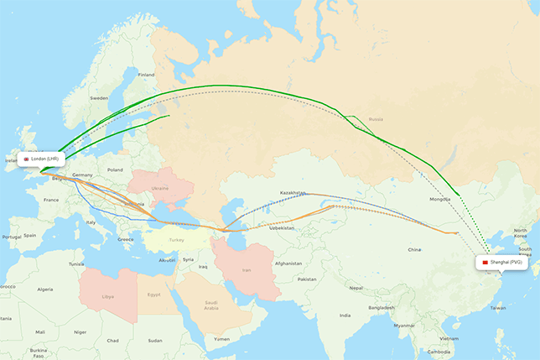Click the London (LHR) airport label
41,159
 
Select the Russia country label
376,119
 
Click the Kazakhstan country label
293,193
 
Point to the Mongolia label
439,199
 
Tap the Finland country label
147,75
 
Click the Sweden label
99,98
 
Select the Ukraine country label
161,188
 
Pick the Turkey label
175,240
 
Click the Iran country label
247,269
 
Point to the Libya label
107,296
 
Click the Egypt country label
153,295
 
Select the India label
345,316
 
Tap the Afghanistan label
287,263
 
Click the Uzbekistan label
283,227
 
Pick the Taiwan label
498,308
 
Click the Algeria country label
44,289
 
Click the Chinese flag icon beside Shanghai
484,263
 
